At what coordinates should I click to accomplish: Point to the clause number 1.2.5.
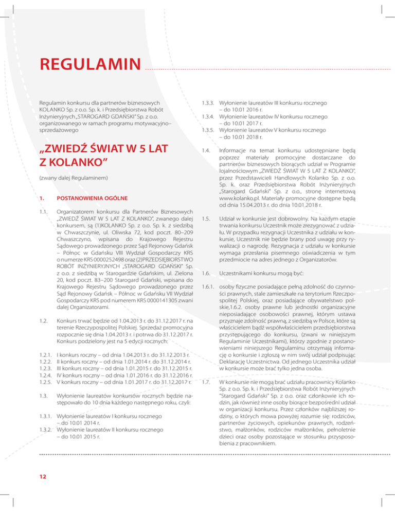point(46,382)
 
